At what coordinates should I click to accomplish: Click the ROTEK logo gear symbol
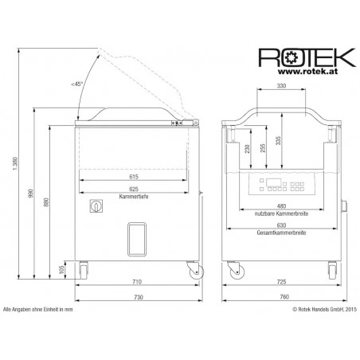click(290, 57)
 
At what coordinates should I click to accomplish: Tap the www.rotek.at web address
click(307, 71)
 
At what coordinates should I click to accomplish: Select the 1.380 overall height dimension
click(15, 163)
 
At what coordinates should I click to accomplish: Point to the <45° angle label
click(77, 84)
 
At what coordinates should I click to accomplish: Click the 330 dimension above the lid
click(281, 86)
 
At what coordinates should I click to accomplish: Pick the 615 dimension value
click(134, 177)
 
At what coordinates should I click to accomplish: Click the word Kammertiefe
click(134, 197)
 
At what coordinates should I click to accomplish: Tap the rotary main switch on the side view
click(96, 205)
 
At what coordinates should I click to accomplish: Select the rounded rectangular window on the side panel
click(137, 239)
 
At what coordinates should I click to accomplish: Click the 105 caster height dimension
click(61, 270)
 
